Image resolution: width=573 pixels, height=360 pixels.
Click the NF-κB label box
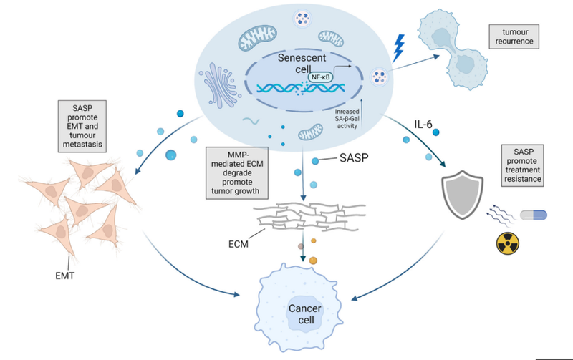(x=323, y=76)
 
